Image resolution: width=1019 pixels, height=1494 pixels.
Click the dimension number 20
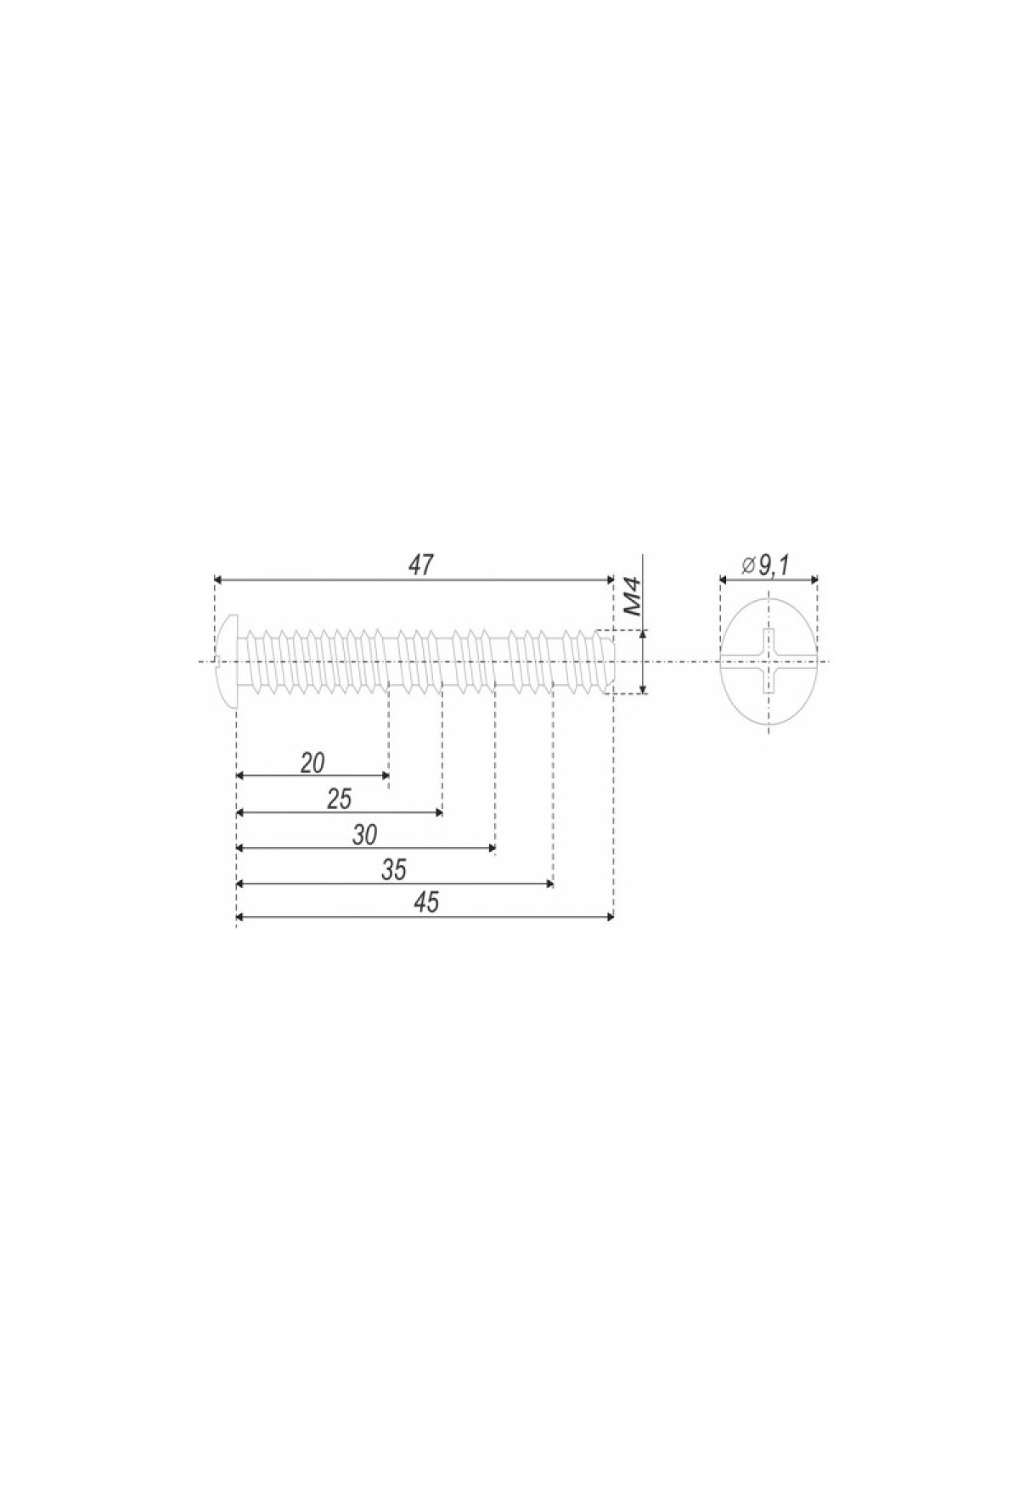(x=312, y=762)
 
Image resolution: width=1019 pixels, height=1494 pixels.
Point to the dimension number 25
(x=339, y=799)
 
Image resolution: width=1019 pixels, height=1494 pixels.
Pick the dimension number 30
(x=365, y=835)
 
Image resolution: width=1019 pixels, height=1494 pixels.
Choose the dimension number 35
(x=395, y=871)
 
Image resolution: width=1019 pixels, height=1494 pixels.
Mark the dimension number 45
(x=428, y=903)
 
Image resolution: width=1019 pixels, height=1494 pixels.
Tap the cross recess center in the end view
(x=769, y=661)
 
